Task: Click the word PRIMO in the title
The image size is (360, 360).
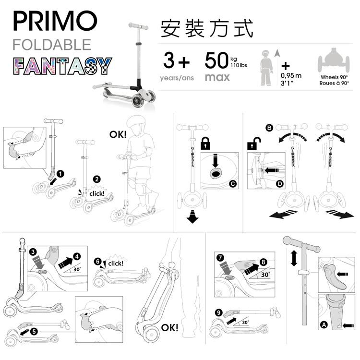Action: (x=55, y=22)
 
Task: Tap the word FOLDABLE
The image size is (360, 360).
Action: (x=52, y=45)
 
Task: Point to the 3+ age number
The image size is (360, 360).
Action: (x=177, y=61)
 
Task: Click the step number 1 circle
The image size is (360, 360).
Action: (x=60, y=173)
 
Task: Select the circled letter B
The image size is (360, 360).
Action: (x=269, y=128)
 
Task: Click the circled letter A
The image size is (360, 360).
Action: (x=323, y=325)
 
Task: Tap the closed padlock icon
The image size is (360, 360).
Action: (x=205, y=143)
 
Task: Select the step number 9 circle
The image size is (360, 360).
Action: (x=219, y=312)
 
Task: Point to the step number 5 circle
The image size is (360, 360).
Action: (x=34, y=331)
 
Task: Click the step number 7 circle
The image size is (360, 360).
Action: (x=220, y=258)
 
